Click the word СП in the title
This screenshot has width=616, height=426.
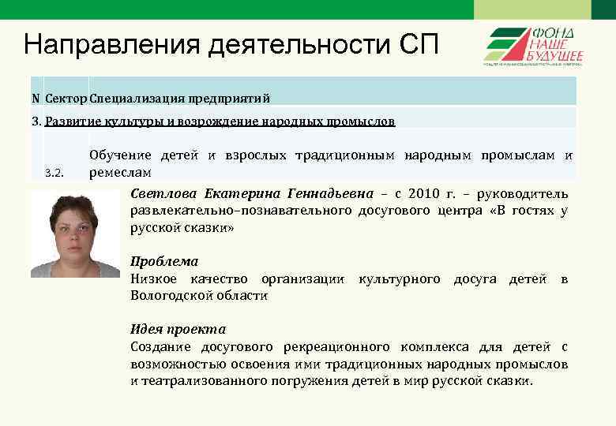tap(414, 43)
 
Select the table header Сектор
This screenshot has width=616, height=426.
tap(66, 99)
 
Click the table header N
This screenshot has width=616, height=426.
tap(36, 99)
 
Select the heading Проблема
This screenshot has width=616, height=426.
tap(164, 261)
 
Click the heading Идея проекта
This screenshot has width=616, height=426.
tap(178, 329)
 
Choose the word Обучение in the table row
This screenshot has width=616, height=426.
tap(119, 156)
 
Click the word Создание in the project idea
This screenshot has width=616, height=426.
tap(163, 347)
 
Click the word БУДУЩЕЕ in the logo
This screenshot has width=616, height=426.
tap(556, 54)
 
